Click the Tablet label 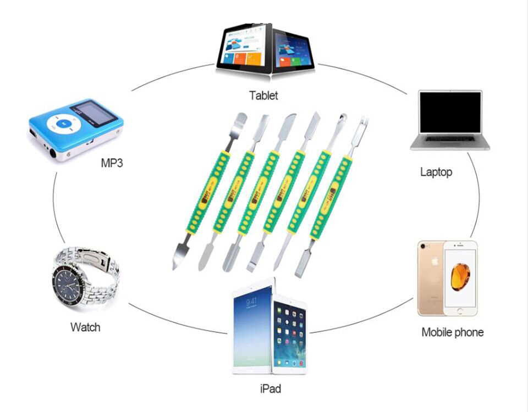pyautogui.click(x=263, y=95)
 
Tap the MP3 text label pyautogui.click(x=112, y=163)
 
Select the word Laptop pyautogui.click(x=436, y=172)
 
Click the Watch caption pyautogui.click(x=85, y=327)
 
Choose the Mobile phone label pyautogui.click(x=452, y=332)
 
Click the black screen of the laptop pyautogui.click(x=449, y=113)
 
